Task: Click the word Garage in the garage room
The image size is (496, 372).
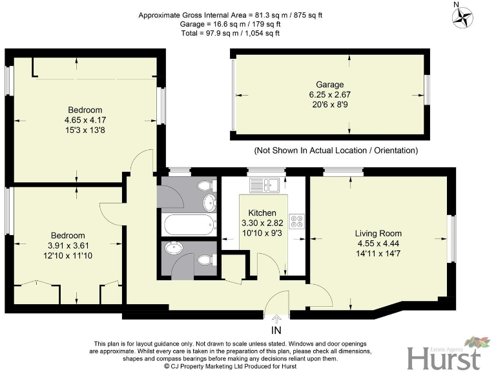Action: [329, 85]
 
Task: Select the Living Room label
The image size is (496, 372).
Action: [378, 233]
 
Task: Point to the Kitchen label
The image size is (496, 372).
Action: [262, 212]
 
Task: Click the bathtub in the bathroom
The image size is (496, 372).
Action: [189, 225]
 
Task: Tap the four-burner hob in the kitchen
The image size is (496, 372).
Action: [298, 222]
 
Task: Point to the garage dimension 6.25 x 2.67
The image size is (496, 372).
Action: [329, 94]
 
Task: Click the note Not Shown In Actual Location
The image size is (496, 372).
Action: [336, 150]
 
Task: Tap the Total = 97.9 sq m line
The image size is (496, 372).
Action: [247, 32]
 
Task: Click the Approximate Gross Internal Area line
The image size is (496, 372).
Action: [247, 14]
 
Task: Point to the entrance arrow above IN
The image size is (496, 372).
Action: [277, 318]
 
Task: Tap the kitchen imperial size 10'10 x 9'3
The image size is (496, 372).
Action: [262, 232]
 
